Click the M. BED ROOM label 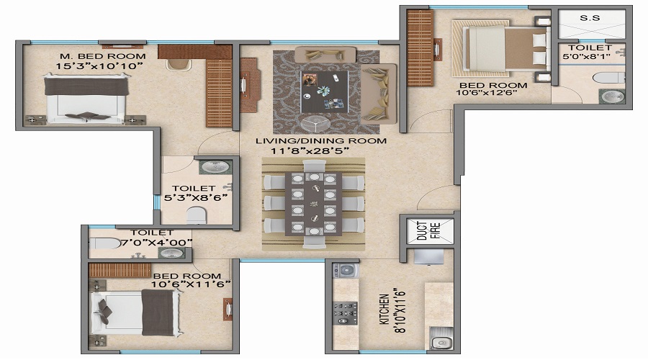coord(103,56)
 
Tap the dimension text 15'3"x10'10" coord(99,66)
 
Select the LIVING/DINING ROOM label coord(321,140)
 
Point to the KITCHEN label coord(384,309)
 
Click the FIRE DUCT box coord(429,230)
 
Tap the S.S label coord(590,18)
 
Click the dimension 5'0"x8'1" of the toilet coord(586,56)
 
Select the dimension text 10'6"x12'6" coord(487,93)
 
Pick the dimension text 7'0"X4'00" coord(156,243)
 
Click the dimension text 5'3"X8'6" coord(196,197)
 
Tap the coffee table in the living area coord(324,91)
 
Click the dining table coord(313,204)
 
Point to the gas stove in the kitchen coord(346,313)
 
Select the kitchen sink coord(441,338)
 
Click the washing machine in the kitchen coord(346,271)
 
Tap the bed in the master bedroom coord(86,99)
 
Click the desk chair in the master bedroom coord(179,65)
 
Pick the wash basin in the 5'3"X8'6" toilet coord(215,167)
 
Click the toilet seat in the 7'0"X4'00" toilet coord(104,243)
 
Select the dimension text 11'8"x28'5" coord(310,151)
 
